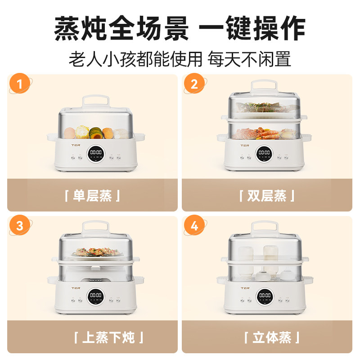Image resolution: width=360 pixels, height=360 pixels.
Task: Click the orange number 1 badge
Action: coord(19,84)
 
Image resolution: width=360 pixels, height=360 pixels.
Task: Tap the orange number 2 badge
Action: coord(194,84)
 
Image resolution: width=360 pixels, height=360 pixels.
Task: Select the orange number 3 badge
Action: coord(19,226)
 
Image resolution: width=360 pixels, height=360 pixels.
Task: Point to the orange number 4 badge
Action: coord(194,226)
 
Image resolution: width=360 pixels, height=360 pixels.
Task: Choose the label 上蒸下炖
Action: coord(109,337)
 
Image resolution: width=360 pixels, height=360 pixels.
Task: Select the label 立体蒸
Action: coord(272,337)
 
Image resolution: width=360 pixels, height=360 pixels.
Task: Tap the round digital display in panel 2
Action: coord(264,153)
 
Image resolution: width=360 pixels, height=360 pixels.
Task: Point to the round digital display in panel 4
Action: coord(264,296)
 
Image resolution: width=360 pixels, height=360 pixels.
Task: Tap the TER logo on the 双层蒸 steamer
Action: coord(244,145)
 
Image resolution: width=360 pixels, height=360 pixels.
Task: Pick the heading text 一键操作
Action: coord(252,29)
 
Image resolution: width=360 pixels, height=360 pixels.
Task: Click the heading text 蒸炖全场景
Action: coord(121,29)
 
